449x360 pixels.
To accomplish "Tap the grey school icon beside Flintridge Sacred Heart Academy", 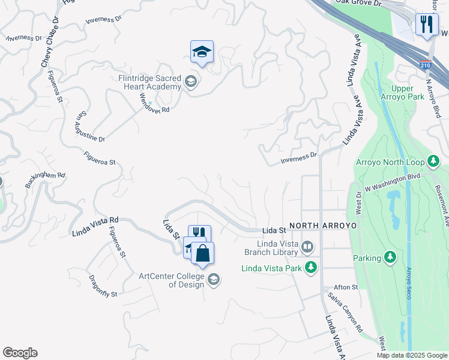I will [x=191, y=82].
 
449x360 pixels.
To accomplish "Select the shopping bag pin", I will [x=203, y=253].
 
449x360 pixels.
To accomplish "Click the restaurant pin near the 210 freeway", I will [x=427, y=25].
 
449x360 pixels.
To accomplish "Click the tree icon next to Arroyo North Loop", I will [x=433, y=161].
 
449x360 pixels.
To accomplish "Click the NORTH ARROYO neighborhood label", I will [x=323, y=226].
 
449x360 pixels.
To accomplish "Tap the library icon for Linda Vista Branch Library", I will [x=307, y=247].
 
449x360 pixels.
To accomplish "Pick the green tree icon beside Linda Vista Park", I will [x=310, y=267].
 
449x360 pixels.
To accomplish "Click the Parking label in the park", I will [x=367, y=258].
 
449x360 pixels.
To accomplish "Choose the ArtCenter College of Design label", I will [x=172, y=280].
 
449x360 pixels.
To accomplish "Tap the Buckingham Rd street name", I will [x=45, y=179].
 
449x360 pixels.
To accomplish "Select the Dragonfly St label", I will [x=103, y=286].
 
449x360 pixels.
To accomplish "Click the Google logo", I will [x=20, y=353].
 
